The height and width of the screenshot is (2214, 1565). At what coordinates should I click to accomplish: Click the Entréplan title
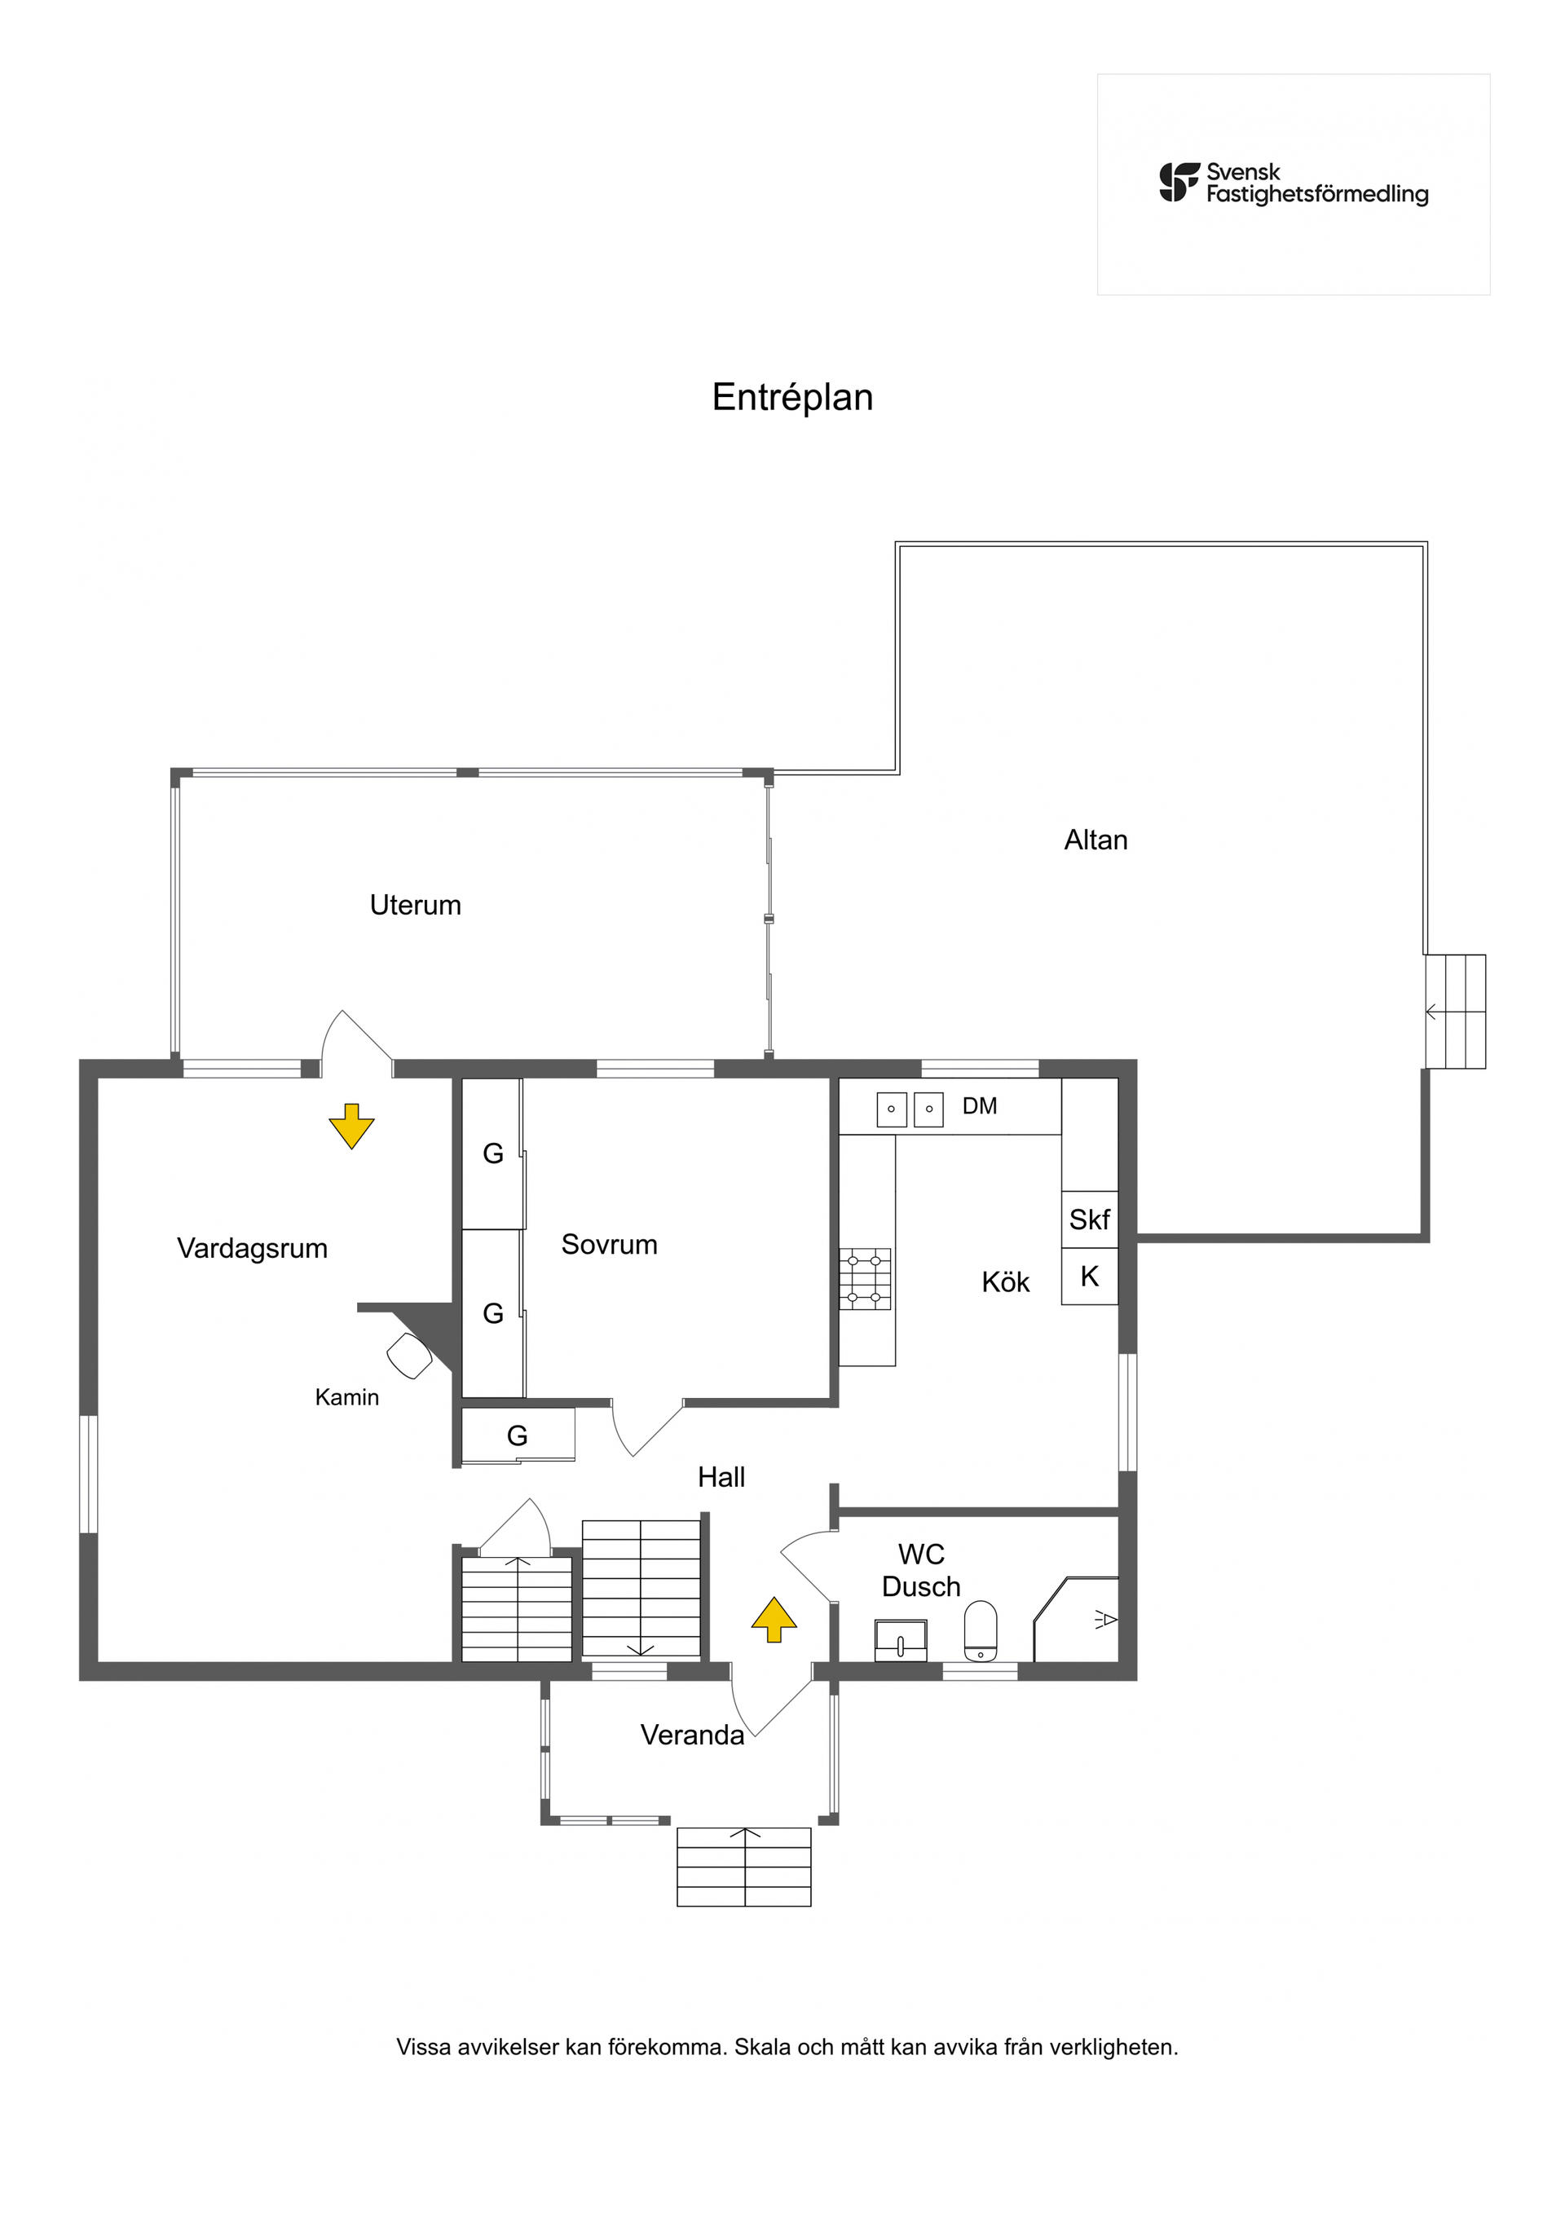click(x=791, y=397)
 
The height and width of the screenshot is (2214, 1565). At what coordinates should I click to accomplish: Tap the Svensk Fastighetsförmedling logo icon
click(x=1179, y=183)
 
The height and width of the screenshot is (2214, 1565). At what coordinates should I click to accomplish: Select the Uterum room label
click(x=416, y=905)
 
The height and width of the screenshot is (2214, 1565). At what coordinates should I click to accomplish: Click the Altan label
click(x=1095, y=840)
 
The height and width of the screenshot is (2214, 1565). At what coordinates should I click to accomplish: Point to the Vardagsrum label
click(x=252, y=1248)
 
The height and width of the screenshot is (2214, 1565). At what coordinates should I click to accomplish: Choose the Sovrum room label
click(x=610, y=1244)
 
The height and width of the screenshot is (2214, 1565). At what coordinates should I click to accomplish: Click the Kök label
click(x=1005, y=1281)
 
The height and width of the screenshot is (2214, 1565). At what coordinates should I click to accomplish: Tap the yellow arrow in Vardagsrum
click(x=351, y=1125)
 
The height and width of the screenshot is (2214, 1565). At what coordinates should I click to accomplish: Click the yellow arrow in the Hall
click(x=774, y=1619)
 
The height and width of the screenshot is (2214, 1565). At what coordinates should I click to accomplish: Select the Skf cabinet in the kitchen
click(x=1090, y=1219)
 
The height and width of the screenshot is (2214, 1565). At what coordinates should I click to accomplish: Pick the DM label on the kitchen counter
click(x=980, y=1106)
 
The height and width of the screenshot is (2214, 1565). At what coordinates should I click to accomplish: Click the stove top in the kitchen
click(x=865, y=1279)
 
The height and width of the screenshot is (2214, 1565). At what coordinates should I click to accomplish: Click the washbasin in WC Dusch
click(x=901, y=1640)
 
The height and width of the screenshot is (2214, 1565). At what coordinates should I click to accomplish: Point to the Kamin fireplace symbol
click(x=410, y=1355)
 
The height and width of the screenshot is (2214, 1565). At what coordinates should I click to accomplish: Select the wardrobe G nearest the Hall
click(x=518, y=1436)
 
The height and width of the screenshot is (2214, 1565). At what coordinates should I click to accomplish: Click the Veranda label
click(x=692, y=1735)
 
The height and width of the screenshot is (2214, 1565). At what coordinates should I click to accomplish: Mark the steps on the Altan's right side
click(x=1455, y=1012)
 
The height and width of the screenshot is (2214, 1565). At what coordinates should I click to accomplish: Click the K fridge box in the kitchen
click(x=1090, y=1277)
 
